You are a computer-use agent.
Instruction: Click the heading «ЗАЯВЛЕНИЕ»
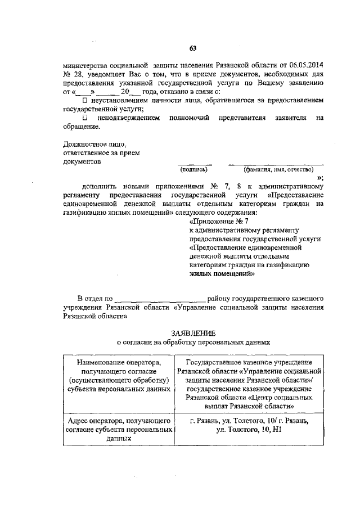pyautogui.click(x=193, y=333)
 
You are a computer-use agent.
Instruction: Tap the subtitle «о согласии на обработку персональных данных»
pyautogui.click(x=193, y=341)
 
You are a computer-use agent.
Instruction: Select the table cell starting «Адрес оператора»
pyautogui.click(x=118, y=430)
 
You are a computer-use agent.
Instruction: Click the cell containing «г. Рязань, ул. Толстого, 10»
pyautogui.click(x=249, y=426)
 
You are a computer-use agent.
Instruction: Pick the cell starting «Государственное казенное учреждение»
pyautogui.click(x=249, y=384)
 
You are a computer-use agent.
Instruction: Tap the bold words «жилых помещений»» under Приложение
pyautogui.click(x=222, y=274)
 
